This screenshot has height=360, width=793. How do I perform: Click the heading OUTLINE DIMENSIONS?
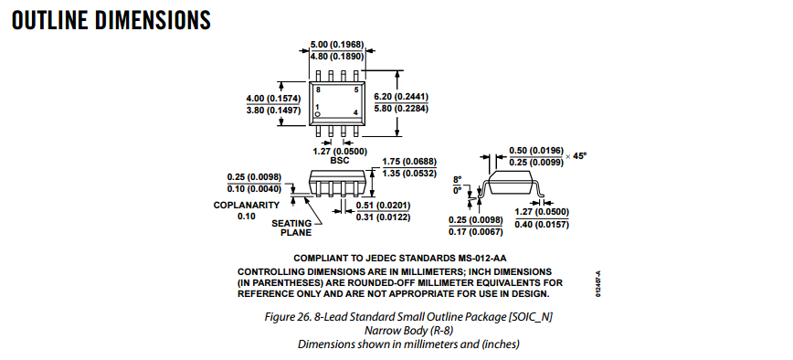pos(111,20)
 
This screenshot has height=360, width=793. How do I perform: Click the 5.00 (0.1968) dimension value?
pos(337,45)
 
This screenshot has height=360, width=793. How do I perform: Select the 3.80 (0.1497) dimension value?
pos(273,111)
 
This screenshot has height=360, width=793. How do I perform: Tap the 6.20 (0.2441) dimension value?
pos(401,97)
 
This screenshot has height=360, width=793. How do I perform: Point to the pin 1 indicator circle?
pos(318,115)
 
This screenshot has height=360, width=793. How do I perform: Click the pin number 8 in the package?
pos(318,90)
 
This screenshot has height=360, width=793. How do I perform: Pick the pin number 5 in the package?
pos(356,90)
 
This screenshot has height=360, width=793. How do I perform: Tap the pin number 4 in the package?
pos(356,112)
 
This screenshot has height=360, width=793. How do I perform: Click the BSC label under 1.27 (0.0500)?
pos(339,161)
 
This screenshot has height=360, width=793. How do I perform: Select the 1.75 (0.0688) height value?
pos(409,162)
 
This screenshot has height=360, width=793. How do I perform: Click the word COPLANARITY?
pos(247,206)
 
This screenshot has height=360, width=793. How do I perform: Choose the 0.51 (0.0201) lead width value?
pos(384,206)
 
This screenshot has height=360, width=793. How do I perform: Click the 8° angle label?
pos(457,179)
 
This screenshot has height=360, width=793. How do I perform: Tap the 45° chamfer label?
pos(580,156)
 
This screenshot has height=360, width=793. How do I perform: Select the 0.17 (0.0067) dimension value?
pos(476,232)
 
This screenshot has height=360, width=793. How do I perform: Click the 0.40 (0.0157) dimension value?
pos(542,225)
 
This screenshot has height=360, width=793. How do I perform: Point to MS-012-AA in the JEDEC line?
pos(482,259)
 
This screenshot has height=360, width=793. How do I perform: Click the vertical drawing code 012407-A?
pos(597,284)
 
